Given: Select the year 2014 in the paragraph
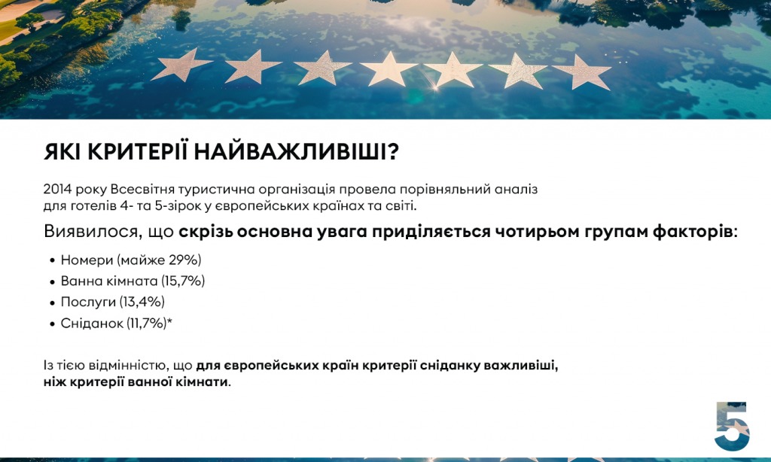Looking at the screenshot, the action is pos(57,189).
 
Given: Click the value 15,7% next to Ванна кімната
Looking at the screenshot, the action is pos(183,281).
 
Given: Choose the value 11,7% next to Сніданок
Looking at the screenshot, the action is pos(147,323).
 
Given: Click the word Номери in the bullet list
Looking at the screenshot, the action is pos(87,260).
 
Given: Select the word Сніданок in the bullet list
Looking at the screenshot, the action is pos(92,323).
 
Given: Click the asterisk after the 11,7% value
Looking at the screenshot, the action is pos(169,321).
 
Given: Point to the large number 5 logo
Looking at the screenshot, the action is pos(732,426).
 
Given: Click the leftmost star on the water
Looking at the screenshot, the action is pos(181,65).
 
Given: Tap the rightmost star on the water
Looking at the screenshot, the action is pos(584,71).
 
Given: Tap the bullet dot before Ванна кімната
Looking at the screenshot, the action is pos(53,282).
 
